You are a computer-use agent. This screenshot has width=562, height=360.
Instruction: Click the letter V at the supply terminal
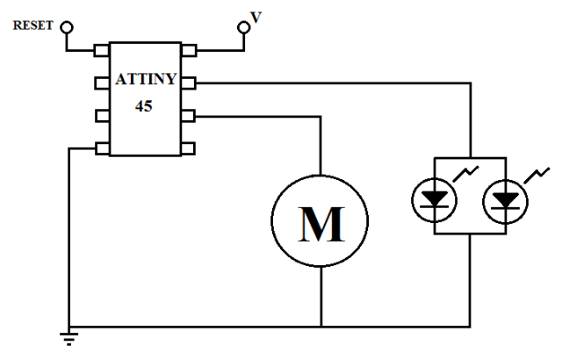256,15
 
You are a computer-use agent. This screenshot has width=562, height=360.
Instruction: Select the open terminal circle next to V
244,28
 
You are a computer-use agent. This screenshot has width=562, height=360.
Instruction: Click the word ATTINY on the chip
147,81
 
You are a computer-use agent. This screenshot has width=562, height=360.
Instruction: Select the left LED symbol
435,201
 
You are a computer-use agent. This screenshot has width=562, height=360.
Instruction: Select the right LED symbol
505,201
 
